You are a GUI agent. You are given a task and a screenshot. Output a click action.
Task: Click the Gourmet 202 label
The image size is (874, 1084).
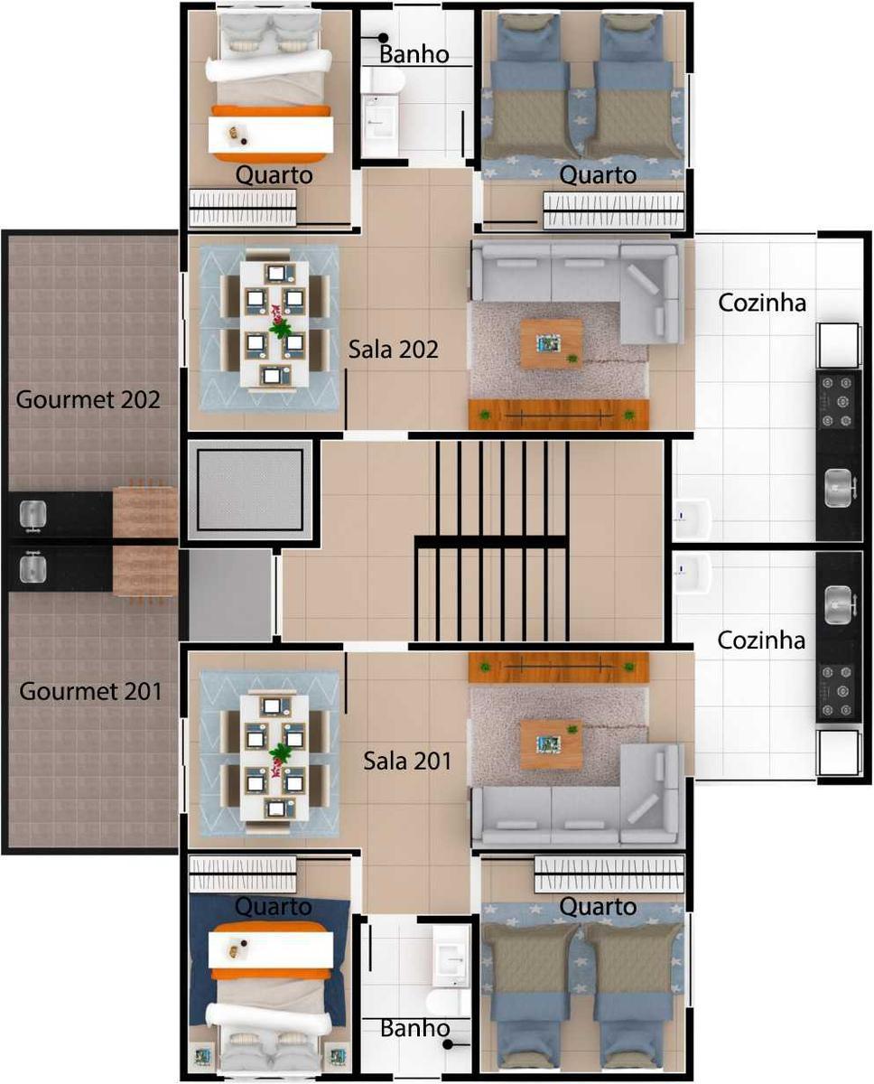pos(88,398)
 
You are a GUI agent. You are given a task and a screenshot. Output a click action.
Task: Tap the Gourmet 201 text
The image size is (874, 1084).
pos(91,691)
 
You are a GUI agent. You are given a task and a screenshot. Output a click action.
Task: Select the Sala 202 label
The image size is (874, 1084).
pos(393,349)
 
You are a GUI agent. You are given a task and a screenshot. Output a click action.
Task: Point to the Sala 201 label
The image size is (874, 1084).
pos(407,760)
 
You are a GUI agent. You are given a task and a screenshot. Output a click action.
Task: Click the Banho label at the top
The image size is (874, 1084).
pos(414,54)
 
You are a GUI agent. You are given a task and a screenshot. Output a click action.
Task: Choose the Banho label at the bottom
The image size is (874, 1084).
pos(414,1028)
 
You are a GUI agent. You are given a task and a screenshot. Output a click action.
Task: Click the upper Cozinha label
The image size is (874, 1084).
pos(762,303)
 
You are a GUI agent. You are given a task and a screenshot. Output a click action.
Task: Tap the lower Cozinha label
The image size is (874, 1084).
pos(761,640)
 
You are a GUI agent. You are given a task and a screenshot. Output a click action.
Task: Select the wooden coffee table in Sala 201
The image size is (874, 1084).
pos(551,743)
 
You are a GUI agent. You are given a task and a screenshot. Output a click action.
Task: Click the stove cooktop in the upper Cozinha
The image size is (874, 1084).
pos(838,401)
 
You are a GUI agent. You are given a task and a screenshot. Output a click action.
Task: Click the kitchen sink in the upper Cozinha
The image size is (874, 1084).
pos(839,489)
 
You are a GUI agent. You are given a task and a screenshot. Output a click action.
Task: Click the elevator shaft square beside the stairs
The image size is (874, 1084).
pos(250,490)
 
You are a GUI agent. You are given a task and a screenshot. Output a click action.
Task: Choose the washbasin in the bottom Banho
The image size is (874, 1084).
pos(450,957)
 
